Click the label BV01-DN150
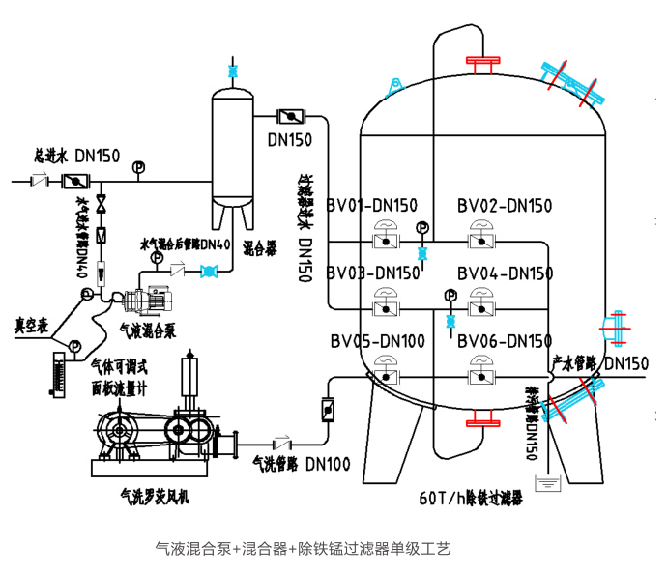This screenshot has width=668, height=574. pos(371,205)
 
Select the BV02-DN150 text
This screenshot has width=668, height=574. pos(505,205)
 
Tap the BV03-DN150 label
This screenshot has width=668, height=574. pos(371,273)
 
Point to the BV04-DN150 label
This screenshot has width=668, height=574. pos(505,273)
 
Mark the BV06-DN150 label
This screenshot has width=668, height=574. pos(505,340)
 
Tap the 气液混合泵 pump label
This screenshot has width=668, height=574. pos(147,330)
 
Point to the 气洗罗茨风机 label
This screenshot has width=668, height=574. pos(153,496)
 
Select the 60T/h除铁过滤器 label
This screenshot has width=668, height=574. pos(470,498)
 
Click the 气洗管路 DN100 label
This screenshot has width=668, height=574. pos(301,464)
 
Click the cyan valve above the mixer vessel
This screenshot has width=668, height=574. pos(231,71)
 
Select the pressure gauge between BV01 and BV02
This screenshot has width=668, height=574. pos(421,228)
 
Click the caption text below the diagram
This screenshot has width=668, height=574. pos(303,549)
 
